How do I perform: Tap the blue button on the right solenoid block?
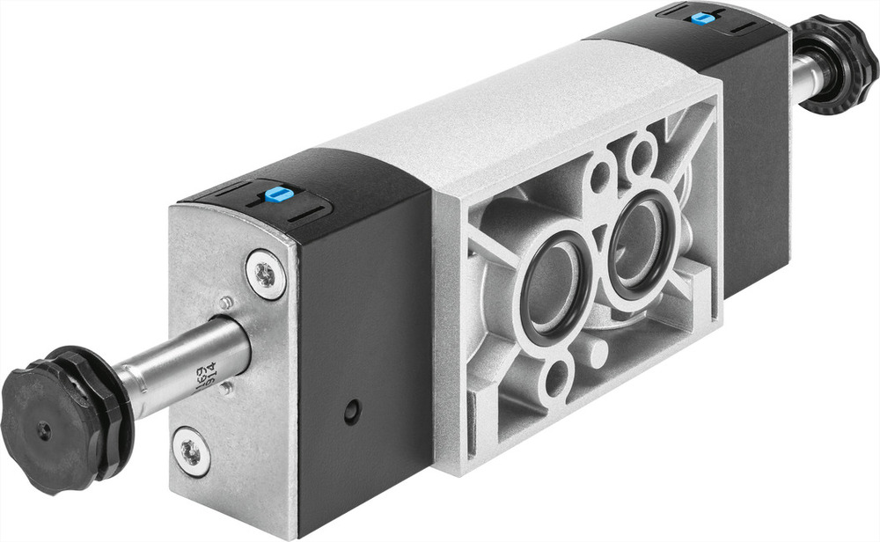click(701, 17)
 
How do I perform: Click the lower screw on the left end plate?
click(192, 451)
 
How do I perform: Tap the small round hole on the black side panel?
click(352, 410)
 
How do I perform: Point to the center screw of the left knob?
click(43, 431)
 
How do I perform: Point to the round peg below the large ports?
click(598, 352)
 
